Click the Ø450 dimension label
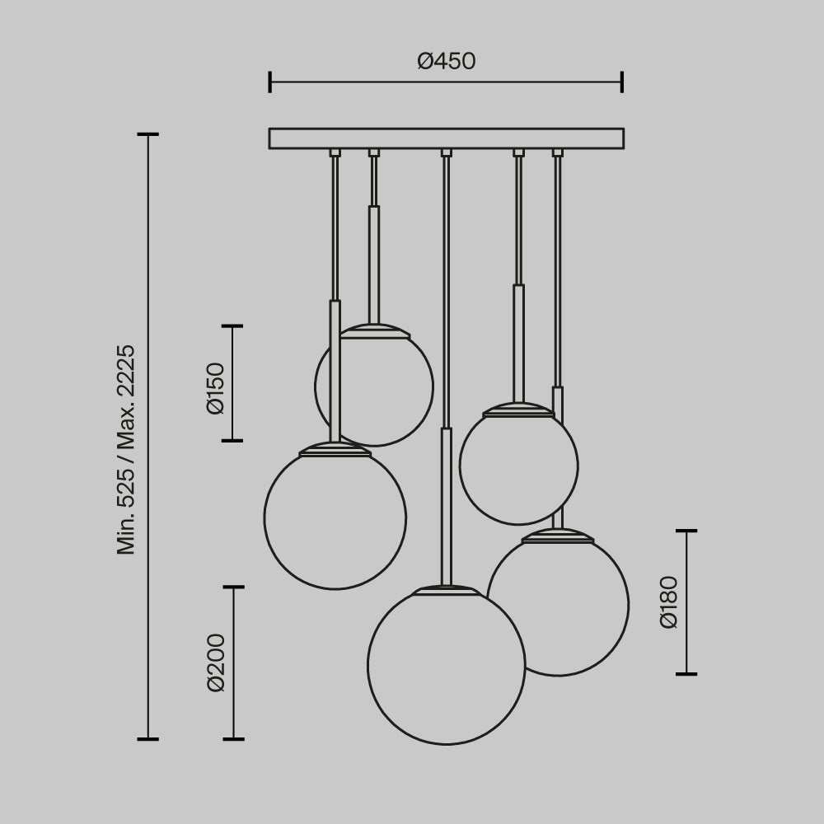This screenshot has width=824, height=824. pyautogui.click(x=446, y=61)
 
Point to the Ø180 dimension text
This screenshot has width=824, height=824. pyautogui.click(x=669, y=602)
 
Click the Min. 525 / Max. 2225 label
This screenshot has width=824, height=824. pyautogui.click(x=126, y=449)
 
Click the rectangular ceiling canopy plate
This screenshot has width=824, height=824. pyautogui.click(x=446, y=138)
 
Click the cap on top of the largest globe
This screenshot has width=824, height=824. pyautogui.click(x=446, y=591)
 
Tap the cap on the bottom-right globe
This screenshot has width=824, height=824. pyautogui.click(x=558, y=536)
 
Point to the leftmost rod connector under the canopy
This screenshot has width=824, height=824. pyautogui.click(x=335, y=152)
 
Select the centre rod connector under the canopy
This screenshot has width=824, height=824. pyautogui.click(x=446, y=152)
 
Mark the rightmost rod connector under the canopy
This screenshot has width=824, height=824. pyautogui.click(x=558, y=152)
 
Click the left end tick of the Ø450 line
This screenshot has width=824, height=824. pyautogui.click(x=270, y=82)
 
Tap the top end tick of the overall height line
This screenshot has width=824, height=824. pyautogui.click(x=147, y=133)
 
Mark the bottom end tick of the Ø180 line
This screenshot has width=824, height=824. pyautogui.click(x=686, y=674)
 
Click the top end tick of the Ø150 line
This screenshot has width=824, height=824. pyautogui.click(x=232, y=326)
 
